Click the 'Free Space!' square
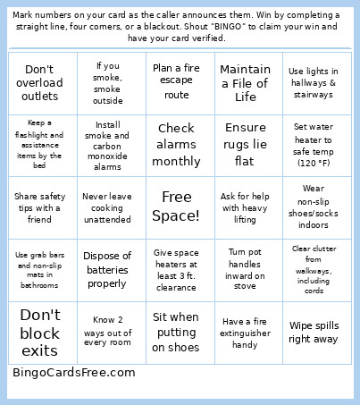coord(176,207)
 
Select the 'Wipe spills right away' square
coord(313,332)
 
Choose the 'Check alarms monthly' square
coord(176,144)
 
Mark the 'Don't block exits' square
coord(39,332)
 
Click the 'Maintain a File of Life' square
coord(245,82)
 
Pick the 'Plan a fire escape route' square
coord(176,82)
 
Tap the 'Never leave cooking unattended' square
coord(107,207)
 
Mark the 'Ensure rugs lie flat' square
coord(245,144)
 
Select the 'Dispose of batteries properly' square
coord(107,269)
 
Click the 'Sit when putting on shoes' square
coord(176,332)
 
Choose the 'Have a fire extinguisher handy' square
coord(245,332)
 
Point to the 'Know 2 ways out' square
coord(107,332)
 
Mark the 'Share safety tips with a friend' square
coord(39,207)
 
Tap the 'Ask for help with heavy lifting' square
coord(245,207)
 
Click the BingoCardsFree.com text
coord(73,372)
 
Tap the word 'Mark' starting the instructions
coord(24,15)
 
